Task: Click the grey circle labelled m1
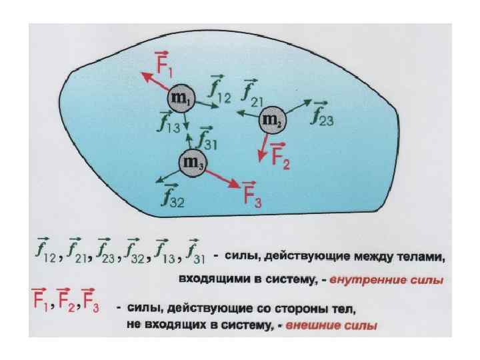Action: [x=181, y=100]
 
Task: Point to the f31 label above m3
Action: [x=207, y=137]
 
